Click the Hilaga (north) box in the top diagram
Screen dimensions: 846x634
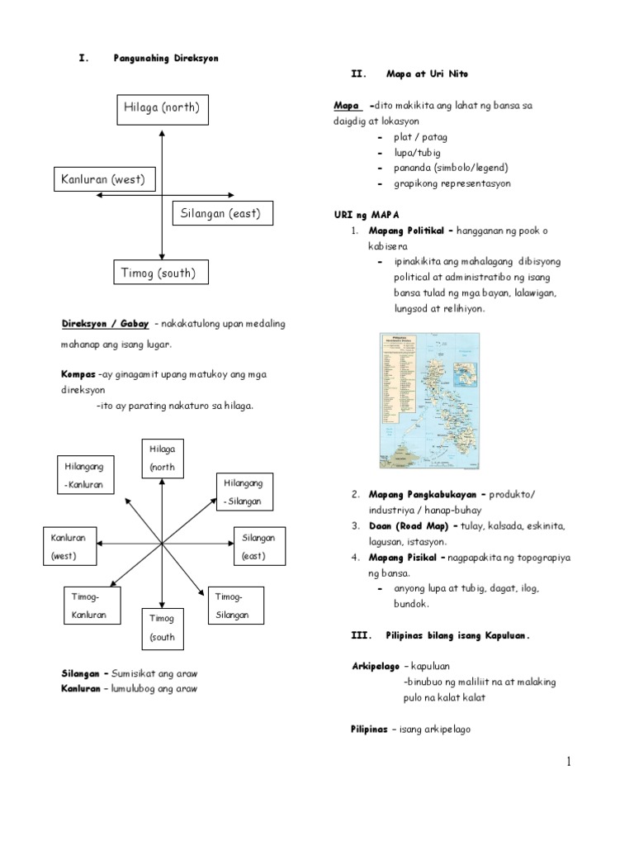(x=162, y=109)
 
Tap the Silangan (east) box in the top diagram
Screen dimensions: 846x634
(x=220, y=214)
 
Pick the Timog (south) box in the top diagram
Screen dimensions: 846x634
(x=160, y=273)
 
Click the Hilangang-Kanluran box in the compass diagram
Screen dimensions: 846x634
(x=85, y=476)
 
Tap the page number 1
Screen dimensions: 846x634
(x=569, y=762)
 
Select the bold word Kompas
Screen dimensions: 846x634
(x=78, y=374)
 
